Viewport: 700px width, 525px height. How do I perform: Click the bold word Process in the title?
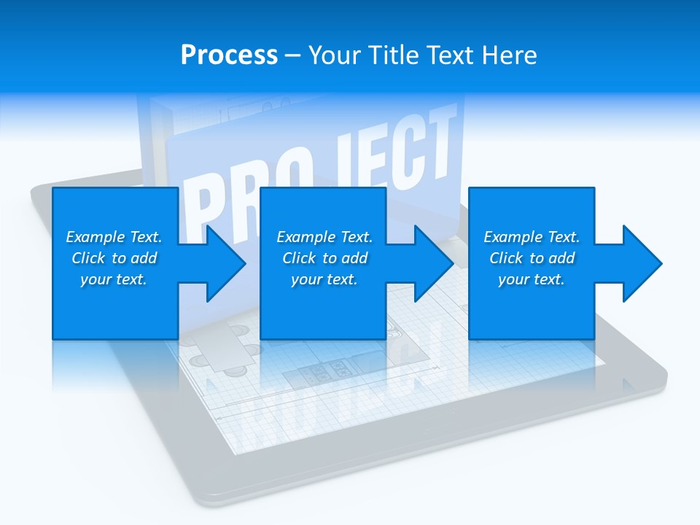click(x=229, y=55)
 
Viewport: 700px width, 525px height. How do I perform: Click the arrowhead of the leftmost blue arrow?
click(x=227, y=263)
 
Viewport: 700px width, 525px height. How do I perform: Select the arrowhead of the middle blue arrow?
click(x=435, y=263)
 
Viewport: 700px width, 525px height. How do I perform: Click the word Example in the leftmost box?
click(x=96, y=237)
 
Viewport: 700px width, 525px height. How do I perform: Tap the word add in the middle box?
click(x=354, y=258)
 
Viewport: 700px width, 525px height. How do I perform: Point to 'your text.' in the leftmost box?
click(x=113, y=279)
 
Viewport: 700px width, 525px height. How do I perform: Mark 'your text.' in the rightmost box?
click(x=531, y=279)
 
